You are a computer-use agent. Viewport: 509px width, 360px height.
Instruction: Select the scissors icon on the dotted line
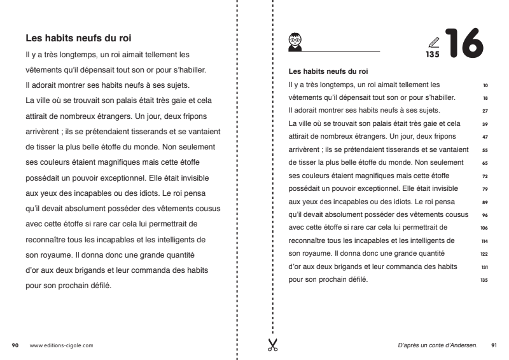[x=273, y=345]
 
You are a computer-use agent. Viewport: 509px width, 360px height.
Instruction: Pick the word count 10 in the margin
[x=486, y=84]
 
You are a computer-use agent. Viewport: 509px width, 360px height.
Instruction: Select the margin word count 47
[x=486, y=137]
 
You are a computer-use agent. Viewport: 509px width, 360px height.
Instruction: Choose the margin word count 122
[x=485, y=253]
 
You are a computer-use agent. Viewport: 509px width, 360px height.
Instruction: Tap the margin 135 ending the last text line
[x=485, y=280]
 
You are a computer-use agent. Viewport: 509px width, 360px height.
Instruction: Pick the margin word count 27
[x=486, y=110]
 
